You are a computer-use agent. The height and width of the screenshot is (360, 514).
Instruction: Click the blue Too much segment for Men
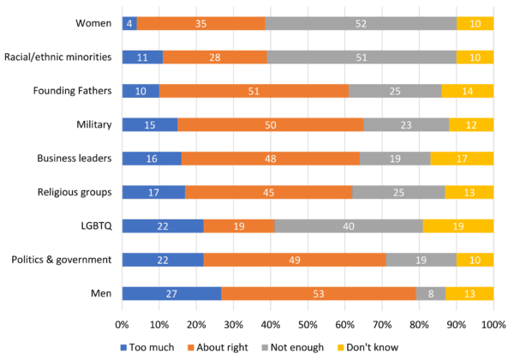tap(171, 293)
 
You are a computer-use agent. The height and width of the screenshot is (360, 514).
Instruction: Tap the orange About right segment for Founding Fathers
tap(254, 91)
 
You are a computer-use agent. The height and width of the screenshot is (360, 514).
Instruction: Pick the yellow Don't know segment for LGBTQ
tap(458, 226)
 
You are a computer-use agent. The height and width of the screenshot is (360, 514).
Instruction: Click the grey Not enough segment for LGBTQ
tap(349, 226)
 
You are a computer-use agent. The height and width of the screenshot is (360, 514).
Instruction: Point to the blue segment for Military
tap(150, 124)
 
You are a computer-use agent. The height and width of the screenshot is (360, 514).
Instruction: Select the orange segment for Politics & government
tap(295, 260)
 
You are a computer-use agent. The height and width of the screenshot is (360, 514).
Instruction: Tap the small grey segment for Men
tap(431, 293)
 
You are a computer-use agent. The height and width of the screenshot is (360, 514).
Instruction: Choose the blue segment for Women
tap(129, 23)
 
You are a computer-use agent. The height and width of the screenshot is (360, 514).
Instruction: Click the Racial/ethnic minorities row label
tap(58, 57)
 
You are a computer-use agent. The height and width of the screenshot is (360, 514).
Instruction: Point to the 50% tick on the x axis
tap(308, 325)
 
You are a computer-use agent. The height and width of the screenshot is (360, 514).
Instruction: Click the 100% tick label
tap(493, 325)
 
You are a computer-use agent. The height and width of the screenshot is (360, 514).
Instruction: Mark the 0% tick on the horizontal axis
tap(123, 325)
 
